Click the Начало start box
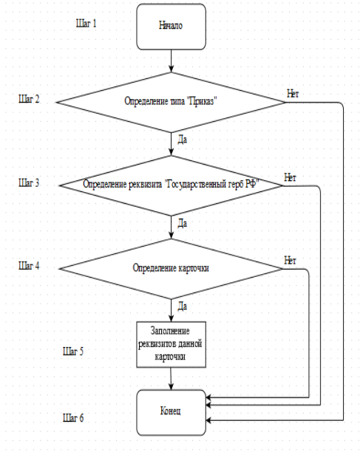(171, 27)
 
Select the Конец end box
(171, 413)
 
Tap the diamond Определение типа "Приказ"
(171, 103)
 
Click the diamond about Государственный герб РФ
(171, 185)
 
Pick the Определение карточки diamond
(171, 269)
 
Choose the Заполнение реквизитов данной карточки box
(171, 344)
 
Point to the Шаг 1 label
(86, 24)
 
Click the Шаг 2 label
(29, 99)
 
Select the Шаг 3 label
(29, 182)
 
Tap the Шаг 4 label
(29, 266)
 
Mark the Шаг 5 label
(73, 352)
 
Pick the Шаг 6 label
(73, 418)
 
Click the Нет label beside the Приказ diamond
(293, 94)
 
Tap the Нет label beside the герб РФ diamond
(291, 177)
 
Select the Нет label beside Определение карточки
(291, 261)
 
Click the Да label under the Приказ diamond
(183, 140)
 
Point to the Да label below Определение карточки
(183, 307)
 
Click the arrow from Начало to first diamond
(171, 61)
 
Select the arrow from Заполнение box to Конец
(171, 378)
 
